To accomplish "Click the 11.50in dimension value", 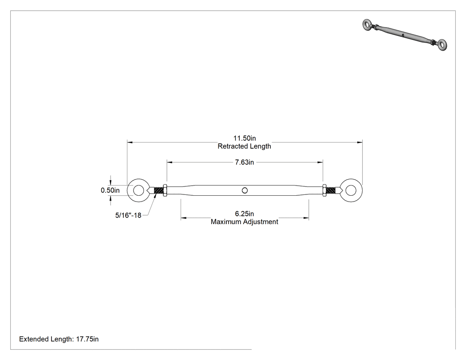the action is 244,138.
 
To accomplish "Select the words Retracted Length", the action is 244,146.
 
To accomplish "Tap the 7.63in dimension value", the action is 244,162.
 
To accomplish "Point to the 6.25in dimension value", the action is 244,214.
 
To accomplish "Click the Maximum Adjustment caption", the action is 244,222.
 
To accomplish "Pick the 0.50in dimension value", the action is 110,190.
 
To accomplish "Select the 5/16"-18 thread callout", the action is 128,215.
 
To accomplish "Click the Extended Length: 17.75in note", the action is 59,339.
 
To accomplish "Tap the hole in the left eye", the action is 138,190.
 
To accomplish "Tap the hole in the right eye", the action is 351,190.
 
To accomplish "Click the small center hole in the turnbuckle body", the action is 245,190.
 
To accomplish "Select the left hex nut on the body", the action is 165,190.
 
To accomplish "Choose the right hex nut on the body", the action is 324,190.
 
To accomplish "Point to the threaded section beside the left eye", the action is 159,190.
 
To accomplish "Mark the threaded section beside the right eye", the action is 331,190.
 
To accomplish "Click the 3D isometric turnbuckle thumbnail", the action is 404,35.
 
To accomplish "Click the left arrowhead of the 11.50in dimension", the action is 130,142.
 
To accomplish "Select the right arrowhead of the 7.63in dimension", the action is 320,162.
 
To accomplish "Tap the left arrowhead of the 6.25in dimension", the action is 183,218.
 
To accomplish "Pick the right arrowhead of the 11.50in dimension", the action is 359,142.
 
